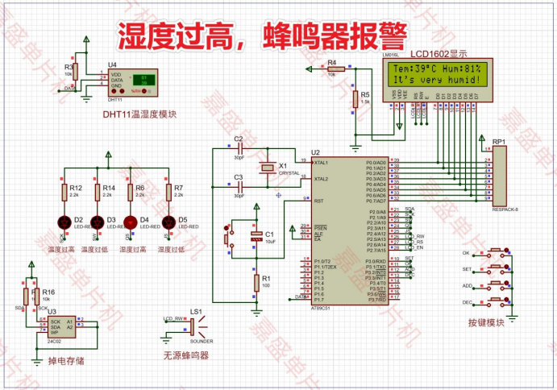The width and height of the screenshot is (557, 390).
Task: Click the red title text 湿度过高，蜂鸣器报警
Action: tap(263, 36)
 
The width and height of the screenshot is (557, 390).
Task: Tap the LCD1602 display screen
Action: tap(436, 74)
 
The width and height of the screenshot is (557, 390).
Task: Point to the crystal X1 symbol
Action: tap(267, 167)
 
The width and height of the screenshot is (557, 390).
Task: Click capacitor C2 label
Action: tap(238, 139)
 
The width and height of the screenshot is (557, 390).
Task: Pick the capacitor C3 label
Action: tap(238, 176)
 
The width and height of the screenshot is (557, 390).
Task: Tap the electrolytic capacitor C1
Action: tap(256, 235)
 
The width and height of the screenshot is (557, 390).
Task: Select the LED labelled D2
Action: tap(64, 222)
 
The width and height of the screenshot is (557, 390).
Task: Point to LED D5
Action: tap(168, 222)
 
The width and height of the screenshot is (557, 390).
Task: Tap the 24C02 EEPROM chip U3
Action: tap(58, 325)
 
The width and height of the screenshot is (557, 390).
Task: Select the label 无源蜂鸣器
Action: tap(186, 355)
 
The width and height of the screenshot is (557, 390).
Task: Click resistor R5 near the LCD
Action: tap(355, 98)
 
